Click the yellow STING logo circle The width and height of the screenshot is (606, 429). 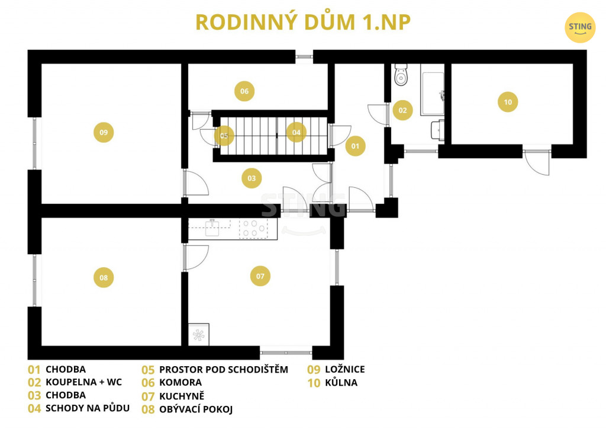pyautogui.click(x=580, y=27)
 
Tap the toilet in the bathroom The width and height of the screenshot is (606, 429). pyautogui.click(x=401, y=75)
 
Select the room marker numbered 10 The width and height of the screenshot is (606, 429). pyautogui.click(x=507, y=102)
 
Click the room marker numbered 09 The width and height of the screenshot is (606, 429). pyautogui.click(x=104, y=132)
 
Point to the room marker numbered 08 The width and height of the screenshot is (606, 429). pyautogui.click(x=104, y=277)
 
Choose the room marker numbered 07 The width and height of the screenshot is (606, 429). pyautogui.click(x=260, y=276)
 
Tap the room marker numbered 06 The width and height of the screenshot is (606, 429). pyautogui.click(x=244, y=91)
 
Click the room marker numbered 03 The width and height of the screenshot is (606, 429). pyautogui.click(x=252, y=178)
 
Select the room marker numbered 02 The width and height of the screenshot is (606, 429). pyautogui.click(x=402, y=110)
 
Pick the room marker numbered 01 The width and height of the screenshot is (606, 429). pyautogui.click(x=355, y=146)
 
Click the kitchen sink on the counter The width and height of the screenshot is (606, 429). pyautogui.click(x=212, y=228)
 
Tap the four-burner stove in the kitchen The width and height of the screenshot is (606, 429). pyautogui.click(x=253, y=228)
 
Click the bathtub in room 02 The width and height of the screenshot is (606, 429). pyautogui.click(x=433, y=93)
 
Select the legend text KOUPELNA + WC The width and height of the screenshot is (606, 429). pyautogui.click(x=83, y=382)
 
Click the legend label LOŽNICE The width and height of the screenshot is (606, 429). pyautogui.click(x=345, y=369)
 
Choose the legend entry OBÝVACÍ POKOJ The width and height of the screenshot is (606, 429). pyautogui.click(x=196, y=409)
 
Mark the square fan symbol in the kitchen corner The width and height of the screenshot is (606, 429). pyautogui.click(x=199, y=335)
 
